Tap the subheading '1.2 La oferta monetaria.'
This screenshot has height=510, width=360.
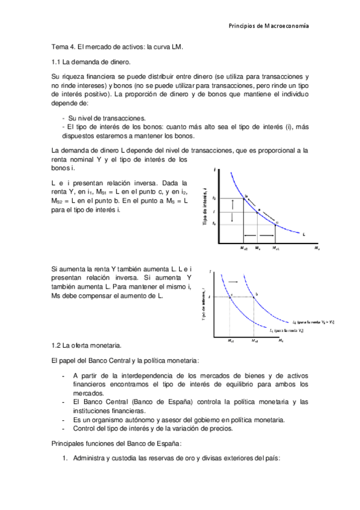(87, 345)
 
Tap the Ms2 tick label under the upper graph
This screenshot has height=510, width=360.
(243, 247)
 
